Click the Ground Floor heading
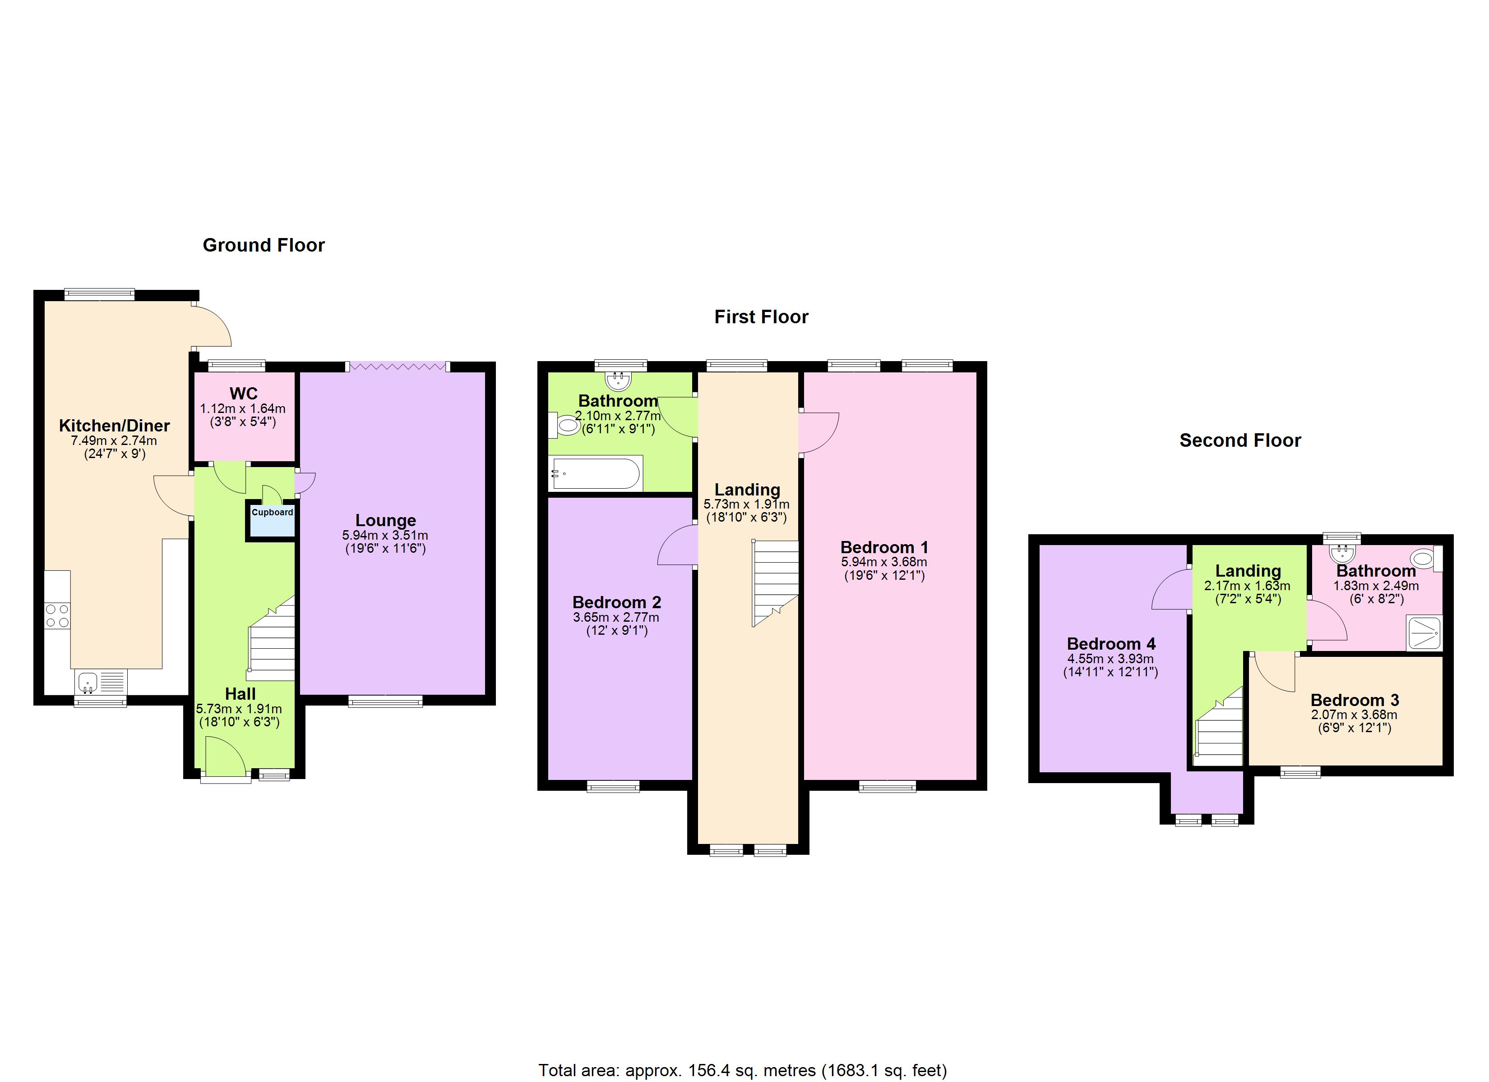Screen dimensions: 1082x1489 click(263, 245)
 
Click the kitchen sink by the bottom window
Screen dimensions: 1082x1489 click(88, 683)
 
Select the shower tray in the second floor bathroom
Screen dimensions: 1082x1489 click(1423, 633)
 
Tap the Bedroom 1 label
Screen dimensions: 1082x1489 click(883, 547)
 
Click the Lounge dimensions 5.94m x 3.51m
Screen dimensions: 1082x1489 click(385, 536)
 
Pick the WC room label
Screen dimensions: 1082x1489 click(243, 394)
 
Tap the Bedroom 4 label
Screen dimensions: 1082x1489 click(1111, 644)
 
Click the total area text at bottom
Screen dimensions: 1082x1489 click(743, 1070)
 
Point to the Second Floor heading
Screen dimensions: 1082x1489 click(1239, 440)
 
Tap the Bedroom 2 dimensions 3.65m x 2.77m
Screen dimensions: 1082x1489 click(616, 618)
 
